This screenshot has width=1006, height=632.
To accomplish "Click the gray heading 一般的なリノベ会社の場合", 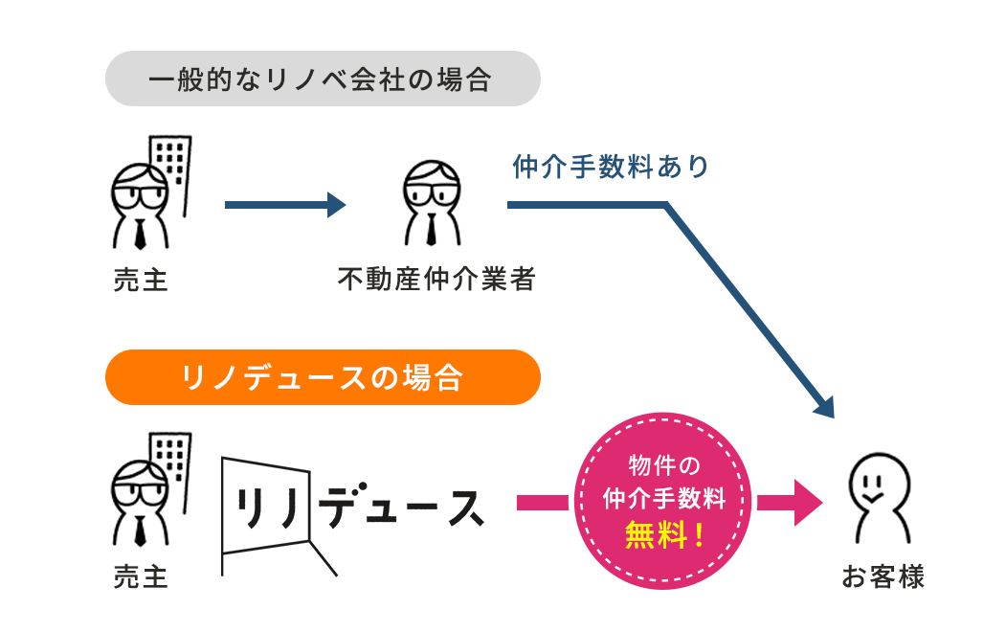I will pos(322,79).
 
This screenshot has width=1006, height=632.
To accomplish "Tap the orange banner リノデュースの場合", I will pos(322,377).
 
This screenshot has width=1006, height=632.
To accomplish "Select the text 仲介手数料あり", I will pos(611,167).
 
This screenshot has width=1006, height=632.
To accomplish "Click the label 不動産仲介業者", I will pos(436,280).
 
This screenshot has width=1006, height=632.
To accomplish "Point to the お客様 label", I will pos(883,577).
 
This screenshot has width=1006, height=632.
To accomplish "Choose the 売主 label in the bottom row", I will pos(140,577).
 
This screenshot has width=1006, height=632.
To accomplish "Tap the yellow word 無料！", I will pos(663,534).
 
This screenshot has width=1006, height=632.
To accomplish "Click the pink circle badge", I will pos(663,498).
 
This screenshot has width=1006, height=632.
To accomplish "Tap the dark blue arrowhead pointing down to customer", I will pos(825,407).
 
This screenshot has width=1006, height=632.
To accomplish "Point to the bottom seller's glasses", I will pos(140,486).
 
